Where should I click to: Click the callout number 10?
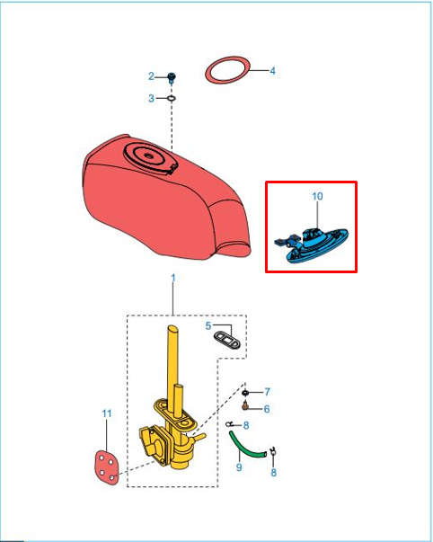[317, 196]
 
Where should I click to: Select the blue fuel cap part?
[312, 244]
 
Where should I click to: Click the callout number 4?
[273, 71]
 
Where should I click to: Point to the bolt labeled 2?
[171, 78]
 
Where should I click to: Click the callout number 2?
[151, 76]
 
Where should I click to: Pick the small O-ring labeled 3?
[172, 99]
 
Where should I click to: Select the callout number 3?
[151, 99]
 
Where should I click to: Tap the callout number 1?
[173, 278]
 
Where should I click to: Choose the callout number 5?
[208, 326]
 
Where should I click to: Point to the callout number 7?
[267, 392]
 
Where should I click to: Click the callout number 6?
[267, 409]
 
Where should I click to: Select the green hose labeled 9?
[246, 445]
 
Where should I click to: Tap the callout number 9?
[239, 467]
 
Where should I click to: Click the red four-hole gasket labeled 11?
[107, 466]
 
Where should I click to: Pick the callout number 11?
[107, 413]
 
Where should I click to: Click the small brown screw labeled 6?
[245, 405]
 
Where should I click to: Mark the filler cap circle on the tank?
[149, 157]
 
